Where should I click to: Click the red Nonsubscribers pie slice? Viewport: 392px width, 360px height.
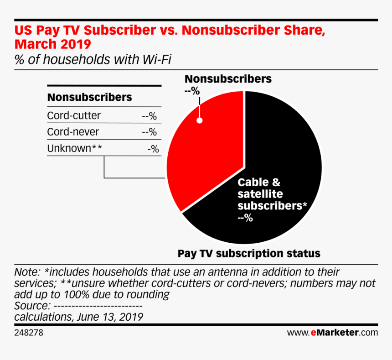205,155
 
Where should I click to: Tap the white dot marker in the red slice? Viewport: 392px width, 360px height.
199,121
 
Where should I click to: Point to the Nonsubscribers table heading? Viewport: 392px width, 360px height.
90,97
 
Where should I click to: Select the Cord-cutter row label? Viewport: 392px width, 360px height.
74,115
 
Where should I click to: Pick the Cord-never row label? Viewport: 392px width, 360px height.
73,132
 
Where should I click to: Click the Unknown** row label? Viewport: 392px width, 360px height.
74,149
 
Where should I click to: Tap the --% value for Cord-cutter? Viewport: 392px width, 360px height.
150,116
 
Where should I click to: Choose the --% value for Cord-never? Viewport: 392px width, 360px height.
150,133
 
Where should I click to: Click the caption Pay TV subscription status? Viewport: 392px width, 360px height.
249,253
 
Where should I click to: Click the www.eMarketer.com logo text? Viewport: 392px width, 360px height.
332,333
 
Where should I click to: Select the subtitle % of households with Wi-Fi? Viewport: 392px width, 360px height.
93,59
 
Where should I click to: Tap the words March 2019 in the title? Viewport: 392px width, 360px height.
52,45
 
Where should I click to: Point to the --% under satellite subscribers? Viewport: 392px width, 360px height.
245,218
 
